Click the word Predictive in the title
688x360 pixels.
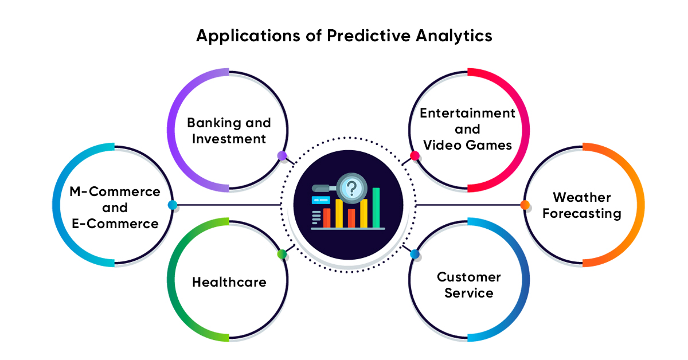(369, 36)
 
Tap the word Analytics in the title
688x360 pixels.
(454, 36)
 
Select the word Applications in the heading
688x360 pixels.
(248, 36)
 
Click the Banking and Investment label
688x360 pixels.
(229, 131)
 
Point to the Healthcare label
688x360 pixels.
(229, 282)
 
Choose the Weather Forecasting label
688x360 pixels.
(582, 205)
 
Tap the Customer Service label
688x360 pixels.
(469, 285)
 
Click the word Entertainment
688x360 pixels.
(467, 113)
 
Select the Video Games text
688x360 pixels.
(467, 145)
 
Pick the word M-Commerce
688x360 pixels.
(115, 191)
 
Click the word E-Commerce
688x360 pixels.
(115, 224)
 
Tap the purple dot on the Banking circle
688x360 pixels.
(282, 156)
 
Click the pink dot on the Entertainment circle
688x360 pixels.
(415, 156)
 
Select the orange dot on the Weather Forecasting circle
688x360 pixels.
(525, 205)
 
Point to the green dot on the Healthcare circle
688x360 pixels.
(282, 254)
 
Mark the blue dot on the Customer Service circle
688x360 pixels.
(415, 254)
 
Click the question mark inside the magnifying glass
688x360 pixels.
(352, 188)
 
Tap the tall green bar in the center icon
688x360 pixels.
(376, 208)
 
